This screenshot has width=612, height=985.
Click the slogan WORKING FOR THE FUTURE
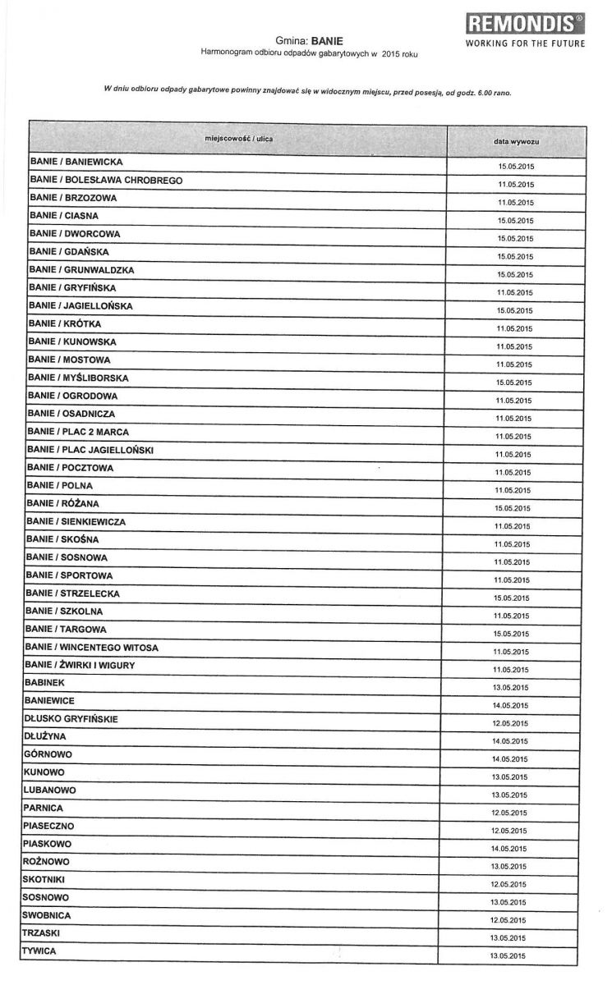click(x=526, y=44)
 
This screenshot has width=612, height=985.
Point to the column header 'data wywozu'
click(x=516, y=141)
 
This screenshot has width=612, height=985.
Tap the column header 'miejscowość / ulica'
click(x=239, y=139)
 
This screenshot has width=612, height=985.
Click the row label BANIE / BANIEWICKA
click(x=76, y=163)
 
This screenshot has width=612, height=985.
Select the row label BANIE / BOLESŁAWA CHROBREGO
click(x=106, y=180)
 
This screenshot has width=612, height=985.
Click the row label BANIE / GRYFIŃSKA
click(x=73, y=288)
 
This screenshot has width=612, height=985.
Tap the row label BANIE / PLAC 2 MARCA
click(x=78, y=432)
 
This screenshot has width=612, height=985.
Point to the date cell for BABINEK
click(x=511, y=688)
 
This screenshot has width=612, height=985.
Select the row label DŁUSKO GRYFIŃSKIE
click(x=71, y=718)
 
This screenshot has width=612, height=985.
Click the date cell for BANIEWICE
click(x=511, y=706)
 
